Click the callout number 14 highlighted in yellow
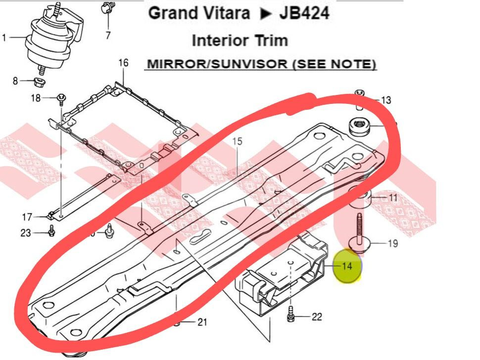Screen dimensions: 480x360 click(x=347, y=266)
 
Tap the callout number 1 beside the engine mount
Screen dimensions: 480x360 click(x=4, y=38)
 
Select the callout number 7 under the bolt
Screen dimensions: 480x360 click(x=107, y=35)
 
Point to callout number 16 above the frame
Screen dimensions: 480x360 click(x=123, y=63)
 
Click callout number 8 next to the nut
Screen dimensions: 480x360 click(x=15, y=81)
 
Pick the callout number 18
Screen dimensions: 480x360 click(x=36, y=98)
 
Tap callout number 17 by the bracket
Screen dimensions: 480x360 click(x=27, y=217)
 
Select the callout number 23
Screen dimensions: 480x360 click(x=26, y=233)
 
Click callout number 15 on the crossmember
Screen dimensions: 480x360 click(x=237, y=141)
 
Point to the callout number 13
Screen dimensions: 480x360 click(x=386, y=100)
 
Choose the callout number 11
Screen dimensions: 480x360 click(x=393, y=198)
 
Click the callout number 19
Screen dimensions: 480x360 click(x=393, y=243)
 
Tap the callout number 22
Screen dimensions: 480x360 click(x=317, y=317)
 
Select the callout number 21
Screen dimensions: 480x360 click(x=202, y=322)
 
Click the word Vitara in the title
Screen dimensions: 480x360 click(x=225, y=13)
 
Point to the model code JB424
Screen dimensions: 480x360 click(x=304, y=13)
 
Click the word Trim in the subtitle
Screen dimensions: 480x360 click(x=270, y=40)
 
